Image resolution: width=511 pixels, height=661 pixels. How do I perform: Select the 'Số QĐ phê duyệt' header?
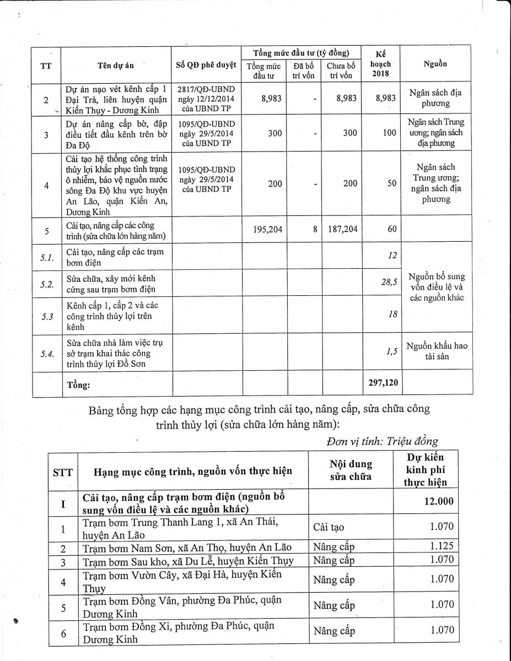pyautogui.click(x=206, y=64)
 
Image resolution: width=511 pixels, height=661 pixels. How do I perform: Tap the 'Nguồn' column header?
pyautogui.click(x=435, y=64)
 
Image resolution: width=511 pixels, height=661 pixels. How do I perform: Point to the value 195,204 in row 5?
pyautogui.click(x=268, y=229)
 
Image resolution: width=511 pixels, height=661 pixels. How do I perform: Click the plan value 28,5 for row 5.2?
pyautogui.click(x=389, y=283)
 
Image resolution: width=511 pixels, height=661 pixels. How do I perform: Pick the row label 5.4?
pyautogui.click(x=47, y=353)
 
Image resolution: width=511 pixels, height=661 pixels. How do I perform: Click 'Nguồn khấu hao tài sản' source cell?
pyautogui.click(x=437, y=351)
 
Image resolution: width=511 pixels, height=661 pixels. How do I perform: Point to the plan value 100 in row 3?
pyautogui.click(x=389, y=133)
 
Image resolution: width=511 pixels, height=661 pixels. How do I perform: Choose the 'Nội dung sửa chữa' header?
pyautogui.click(x=351, y=470)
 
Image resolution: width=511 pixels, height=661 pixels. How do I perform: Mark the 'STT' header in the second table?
pyautogui.click(x=62, y=472)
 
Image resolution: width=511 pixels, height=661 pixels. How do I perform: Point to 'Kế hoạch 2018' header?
pyautogui.click(x=380, y=64)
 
